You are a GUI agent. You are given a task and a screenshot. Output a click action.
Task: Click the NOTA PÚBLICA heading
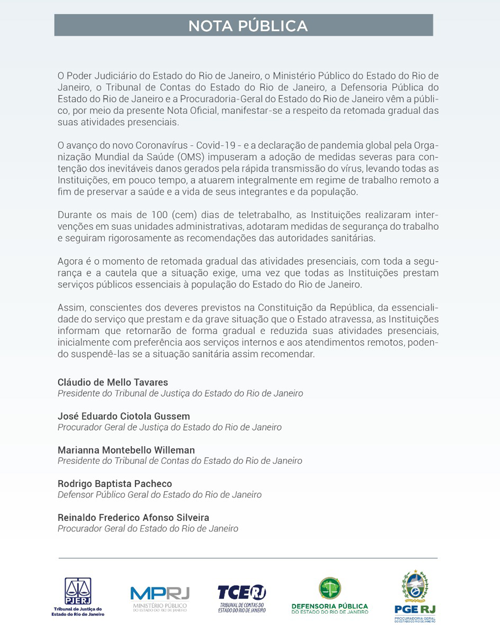248,26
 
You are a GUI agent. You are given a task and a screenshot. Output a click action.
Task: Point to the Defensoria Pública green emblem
330,588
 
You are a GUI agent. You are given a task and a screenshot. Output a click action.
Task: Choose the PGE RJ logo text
415,609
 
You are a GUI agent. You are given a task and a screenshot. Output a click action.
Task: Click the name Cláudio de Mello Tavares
112,382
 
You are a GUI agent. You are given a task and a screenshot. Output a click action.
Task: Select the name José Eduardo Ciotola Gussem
124,416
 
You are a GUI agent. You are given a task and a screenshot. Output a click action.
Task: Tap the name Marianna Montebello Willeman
126,450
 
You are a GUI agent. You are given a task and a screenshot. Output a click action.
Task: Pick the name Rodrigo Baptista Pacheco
114,484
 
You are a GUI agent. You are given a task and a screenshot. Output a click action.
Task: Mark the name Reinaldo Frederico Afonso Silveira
133,518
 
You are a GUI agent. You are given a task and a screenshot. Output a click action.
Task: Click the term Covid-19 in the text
216,145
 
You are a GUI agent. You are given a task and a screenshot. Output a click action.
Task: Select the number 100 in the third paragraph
159,215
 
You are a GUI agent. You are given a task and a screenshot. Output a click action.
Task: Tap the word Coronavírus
162,145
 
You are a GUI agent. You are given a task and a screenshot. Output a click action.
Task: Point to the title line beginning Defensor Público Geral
159,494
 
